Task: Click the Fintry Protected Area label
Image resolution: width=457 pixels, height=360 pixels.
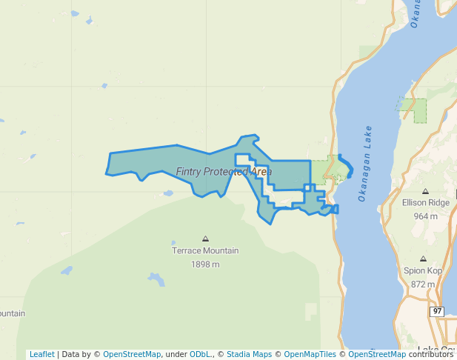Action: [x=224, y=172]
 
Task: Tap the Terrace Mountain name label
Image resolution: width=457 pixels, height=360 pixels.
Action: [x=205, y=250]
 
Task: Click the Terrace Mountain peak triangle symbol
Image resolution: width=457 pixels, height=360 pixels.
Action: [x=205, y=239]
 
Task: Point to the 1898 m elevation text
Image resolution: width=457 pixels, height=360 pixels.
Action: [x=205, y=264]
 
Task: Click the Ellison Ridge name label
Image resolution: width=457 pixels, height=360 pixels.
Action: [x=425, y=202]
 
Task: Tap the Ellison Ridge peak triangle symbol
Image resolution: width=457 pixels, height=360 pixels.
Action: [x=425, y=190]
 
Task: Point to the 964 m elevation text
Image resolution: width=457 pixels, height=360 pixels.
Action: [x=425, y=216]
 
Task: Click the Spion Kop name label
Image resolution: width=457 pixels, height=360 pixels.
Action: [x=423, y=270]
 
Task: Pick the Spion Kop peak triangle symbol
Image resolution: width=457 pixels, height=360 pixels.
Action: [x=423, y=259]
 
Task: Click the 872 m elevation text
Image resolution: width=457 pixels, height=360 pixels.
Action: [x=423, y=284]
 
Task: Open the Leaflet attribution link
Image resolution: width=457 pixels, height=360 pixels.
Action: [x=41, y=354]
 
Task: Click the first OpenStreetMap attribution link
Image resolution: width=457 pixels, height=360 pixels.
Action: [x=132, y=354]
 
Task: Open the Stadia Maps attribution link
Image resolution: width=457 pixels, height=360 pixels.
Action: [x=249, y=354]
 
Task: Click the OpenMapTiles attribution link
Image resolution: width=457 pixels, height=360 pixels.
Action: [x=311, y=354]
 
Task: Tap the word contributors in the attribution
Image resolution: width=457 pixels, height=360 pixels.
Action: [x=431, y=354]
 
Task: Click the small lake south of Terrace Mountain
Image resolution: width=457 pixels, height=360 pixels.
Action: [x=156, y=279]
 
